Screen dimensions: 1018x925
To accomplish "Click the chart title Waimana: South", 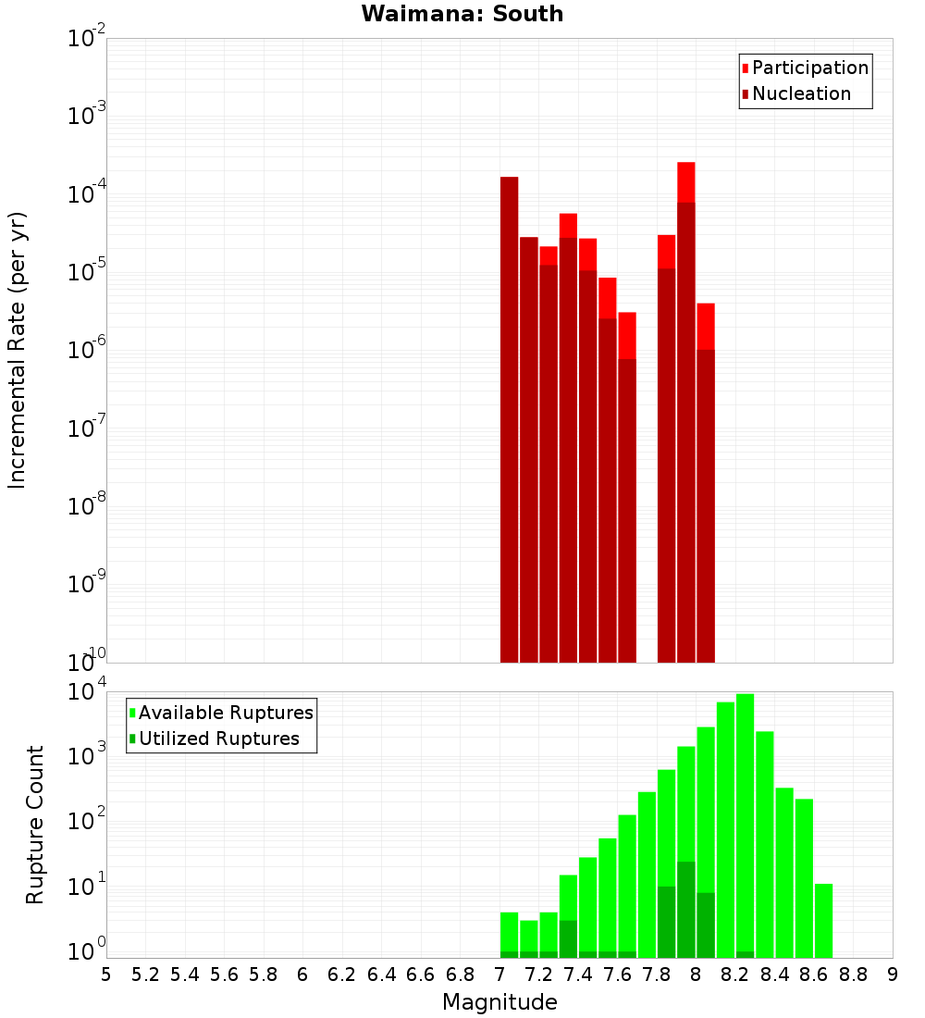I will click(462, 14).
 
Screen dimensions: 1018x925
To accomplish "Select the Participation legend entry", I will click(809, 68).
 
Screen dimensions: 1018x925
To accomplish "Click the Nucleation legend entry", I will click(800, 93).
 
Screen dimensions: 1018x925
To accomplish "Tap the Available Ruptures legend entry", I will click(225, 713).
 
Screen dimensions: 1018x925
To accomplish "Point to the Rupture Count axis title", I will click(35, 824).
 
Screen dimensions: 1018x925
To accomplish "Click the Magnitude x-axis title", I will click(499, 1002).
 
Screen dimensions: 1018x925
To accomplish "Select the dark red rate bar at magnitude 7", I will click(509, 416).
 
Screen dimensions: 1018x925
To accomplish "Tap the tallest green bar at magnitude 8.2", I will click(745, 824).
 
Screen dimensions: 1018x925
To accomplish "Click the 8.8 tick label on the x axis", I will click(853, 975).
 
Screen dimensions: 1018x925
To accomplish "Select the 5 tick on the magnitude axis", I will click(106, 975).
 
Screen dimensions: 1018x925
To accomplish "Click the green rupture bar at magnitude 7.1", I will click(528, 935).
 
